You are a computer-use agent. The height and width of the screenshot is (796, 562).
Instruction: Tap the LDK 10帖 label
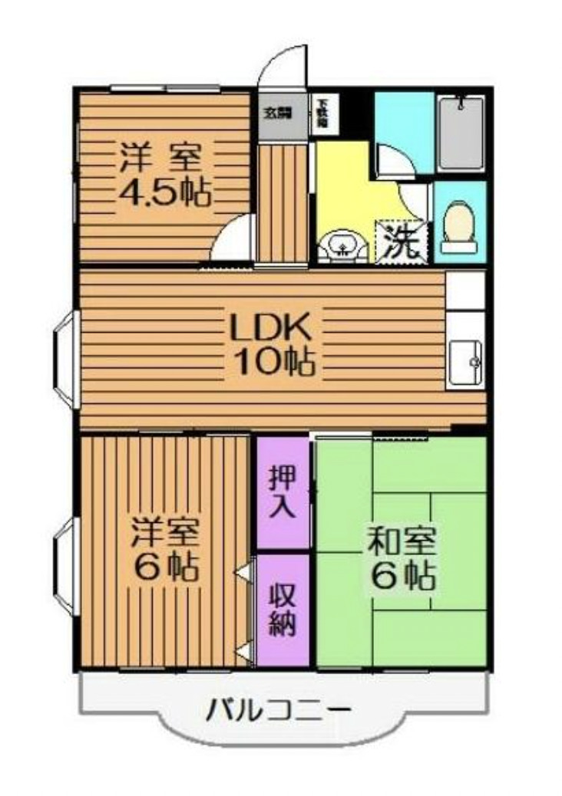point(269,344)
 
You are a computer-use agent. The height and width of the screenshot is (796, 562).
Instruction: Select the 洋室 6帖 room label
point(165,549)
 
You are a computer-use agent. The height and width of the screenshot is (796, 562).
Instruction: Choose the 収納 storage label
point(282,611)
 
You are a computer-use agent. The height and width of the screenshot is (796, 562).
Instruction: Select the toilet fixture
point(460,225)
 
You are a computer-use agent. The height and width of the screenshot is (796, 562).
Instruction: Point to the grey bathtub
point(461,132)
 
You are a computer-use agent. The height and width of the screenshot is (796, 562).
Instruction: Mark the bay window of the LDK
point(64,359)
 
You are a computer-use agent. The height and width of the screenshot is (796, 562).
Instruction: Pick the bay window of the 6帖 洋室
point(64,564)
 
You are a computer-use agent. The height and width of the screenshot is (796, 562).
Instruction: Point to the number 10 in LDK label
point(251,360)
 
